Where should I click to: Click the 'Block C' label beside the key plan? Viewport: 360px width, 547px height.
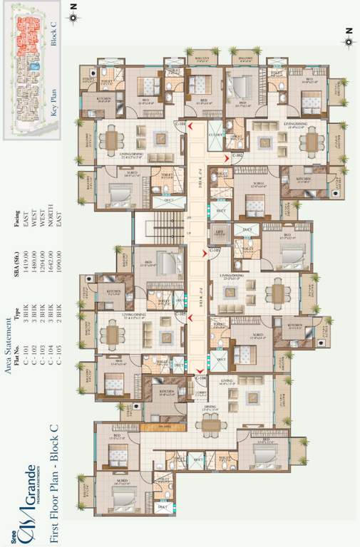click(x=56, y=33)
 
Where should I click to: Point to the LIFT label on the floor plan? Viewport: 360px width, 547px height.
click(x=220, y=232)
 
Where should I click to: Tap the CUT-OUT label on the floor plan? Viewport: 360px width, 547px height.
click(x=215, y=134)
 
